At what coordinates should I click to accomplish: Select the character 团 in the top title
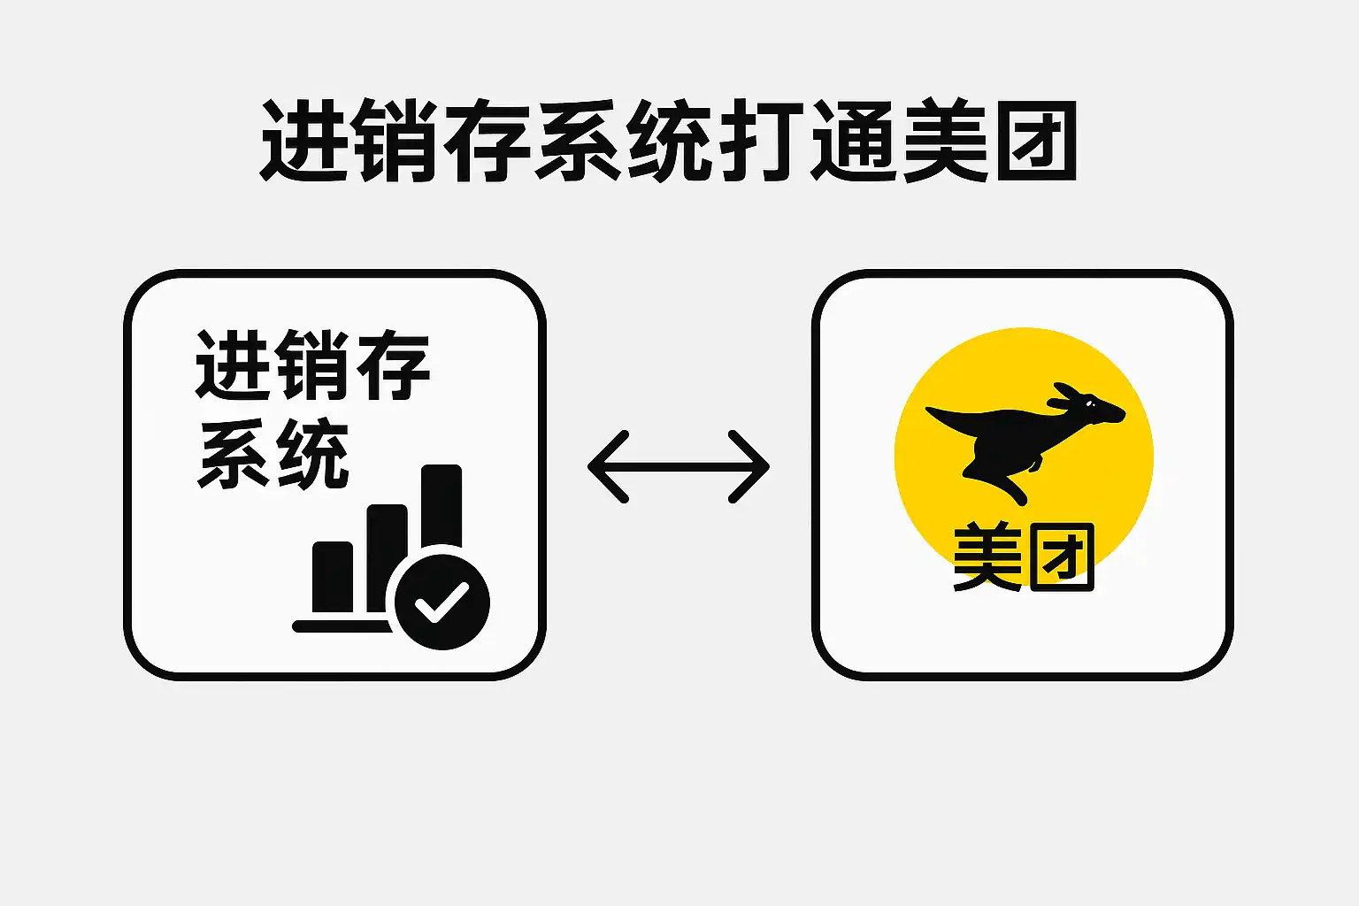(x=1037, y=141)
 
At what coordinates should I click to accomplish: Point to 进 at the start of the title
(x=303, y=141)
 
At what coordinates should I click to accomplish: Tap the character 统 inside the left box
(x=313, y=453)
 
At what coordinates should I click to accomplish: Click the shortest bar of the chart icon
(x=333, y=577)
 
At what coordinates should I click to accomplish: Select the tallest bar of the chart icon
(x=441, y=507)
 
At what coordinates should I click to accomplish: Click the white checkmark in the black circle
(x=441, y=602)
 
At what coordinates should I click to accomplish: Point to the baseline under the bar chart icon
(x=342, y=626)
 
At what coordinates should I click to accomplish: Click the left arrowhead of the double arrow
(x=608, y=466)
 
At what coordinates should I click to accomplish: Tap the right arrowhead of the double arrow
(x=749, y=466)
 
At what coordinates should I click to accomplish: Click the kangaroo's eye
(x=1089, y=403)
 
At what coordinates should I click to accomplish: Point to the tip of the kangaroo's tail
(x=927, y=410)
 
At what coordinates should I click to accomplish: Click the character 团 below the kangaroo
(x=1063, y=557)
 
